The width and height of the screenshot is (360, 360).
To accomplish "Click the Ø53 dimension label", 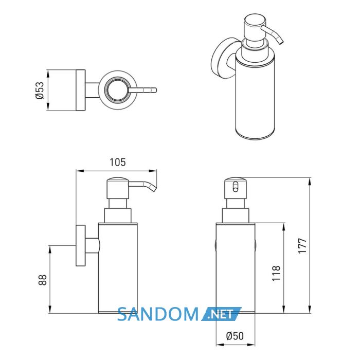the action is pos(40,90).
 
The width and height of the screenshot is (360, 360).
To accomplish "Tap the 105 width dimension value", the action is pos(118,163).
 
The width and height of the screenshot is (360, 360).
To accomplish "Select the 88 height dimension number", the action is pos(43,280).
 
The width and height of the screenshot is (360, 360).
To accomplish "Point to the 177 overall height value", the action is pos(302,246).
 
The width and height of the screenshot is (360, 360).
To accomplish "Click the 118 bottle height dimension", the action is pos(276,273).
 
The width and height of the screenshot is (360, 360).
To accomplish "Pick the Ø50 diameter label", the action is pos(235,336).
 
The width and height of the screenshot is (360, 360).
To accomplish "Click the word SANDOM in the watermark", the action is pos(158,314).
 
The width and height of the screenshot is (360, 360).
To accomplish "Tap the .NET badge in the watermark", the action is pos(222,314).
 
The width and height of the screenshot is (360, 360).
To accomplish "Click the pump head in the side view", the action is pos(117,188).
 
